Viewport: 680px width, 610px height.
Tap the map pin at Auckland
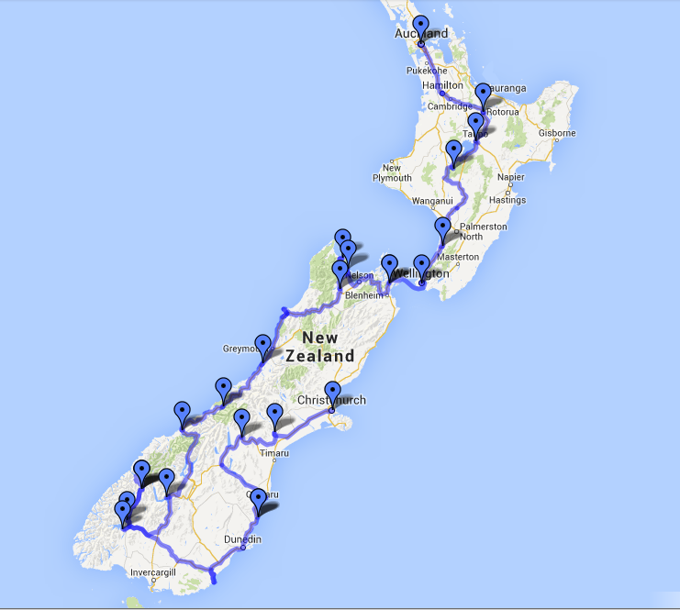(420, 27)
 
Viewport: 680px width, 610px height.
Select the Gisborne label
(556, 133)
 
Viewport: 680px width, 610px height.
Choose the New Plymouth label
(392, 173)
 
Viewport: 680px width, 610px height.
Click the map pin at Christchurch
(332, 392)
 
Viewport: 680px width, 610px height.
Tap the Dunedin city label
(243, 539)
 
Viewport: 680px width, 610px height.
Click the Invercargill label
(152, 572)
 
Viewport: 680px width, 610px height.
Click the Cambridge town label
(449, 106)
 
